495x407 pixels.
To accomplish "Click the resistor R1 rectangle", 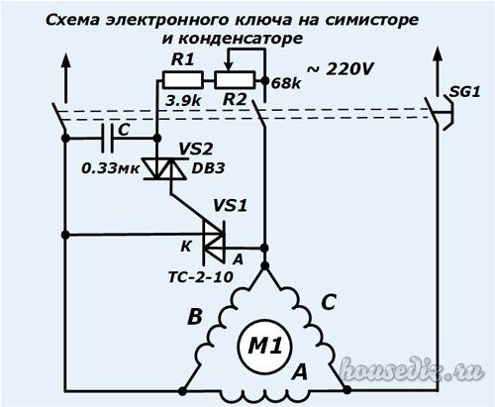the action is pyautogui.click(x=182, y=80).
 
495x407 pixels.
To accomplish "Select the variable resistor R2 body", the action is pyautogui.click(x=235, y=80).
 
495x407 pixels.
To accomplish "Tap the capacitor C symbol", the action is pyautogui.click(x=108, y=138).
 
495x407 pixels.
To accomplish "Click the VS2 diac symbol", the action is pyautogui.click(x=165, y=169).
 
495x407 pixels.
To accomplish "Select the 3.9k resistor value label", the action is pyautogui.click(x=183, y=101).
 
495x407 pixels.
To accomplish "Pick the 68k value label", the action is pyautogui.click(x=286, y=84).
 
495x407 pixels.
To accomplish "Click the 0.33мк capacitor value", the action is pyautogui.click(x=111, y=169).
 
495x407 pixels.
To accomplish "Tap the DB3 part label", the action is pyautogui.click(x=208, y=168).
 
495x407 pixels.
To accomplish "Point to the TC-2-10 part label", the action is pyautogui.click(x=201, y=277).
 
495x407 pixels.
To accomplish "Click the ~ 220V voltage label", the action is pyautogui.click(x=341, y=69).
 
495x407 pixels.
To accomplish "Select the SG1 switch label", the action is pyautogui.click(x=464, y=92).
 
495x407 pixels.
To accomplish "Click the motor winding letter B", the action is pyautogui.click(x=195, y=318).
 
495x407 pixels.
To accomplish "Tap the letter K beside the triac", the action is pyautogui.click(x=186, y=247).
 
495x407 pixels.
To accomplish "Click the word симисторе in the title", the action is pyautogui.click(x=371, y=21).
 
